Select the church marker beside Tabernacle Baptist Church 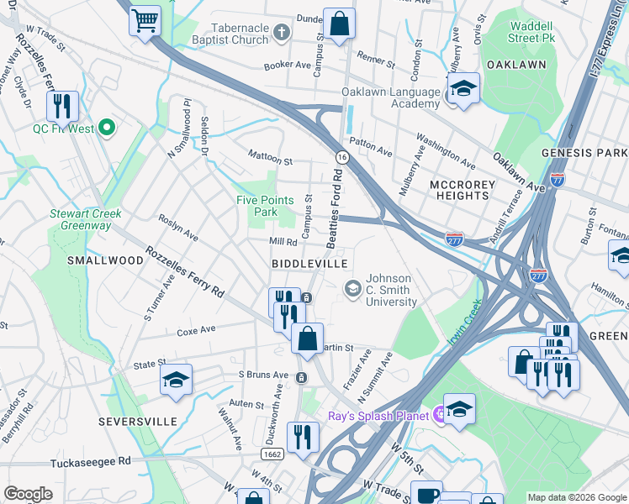[x=282, y=34]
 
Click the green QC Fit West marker [x=106, y=129]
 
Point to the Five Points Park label [x=265, y=206]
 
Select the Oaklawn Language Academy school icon [x=462, y=88]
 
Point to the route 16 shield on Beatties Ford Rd [x=341, y=157]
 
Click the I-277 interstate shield [x=453, y=239]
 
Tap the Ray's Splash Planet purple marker [x=438, y=414]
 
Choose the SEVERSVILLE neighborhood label [x=136, y=420]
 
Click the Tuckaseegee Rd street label [x=90, y=461]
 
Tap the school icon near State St [x=177, y=381]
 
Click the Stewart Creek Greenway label [x=85, y=219]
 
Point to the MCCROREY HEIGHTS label [x=458, y=190]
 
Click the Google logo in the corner [x=28, y=494]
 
